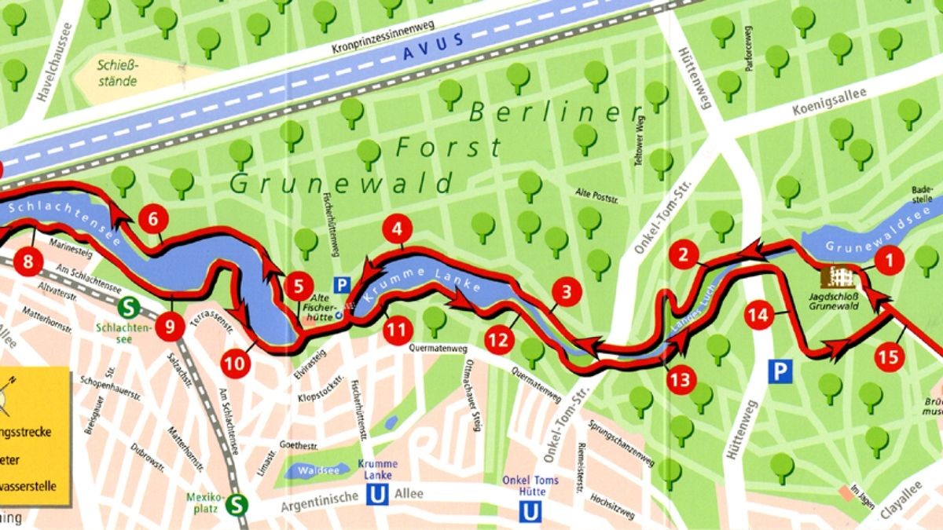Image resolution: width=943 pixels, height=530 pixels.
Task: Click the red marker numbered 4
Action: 398,230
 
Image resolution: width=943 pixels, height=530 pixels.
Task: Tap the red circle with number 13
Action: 681,381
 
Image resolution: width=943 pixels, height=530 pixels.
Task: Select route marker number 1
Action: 890,260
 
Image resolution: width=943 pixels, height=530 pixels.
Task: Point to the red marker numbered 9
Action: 170,326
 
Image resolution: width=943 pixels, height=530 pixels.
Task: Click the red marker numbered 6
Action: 152,220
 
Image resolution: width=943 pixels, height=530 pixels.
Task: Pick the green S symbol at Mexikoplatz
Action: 234,506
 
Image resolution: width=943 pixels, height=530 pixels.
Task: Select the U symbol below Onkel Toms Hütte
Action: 532,511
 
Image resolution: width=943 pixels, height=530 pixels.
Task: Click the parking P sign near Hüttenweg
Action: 779,371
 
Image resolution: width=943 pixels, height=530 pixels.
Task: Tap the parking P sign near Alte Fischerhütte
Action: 342,285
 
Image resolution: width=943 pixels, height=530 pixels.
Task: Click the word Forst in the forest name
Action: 449,147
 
